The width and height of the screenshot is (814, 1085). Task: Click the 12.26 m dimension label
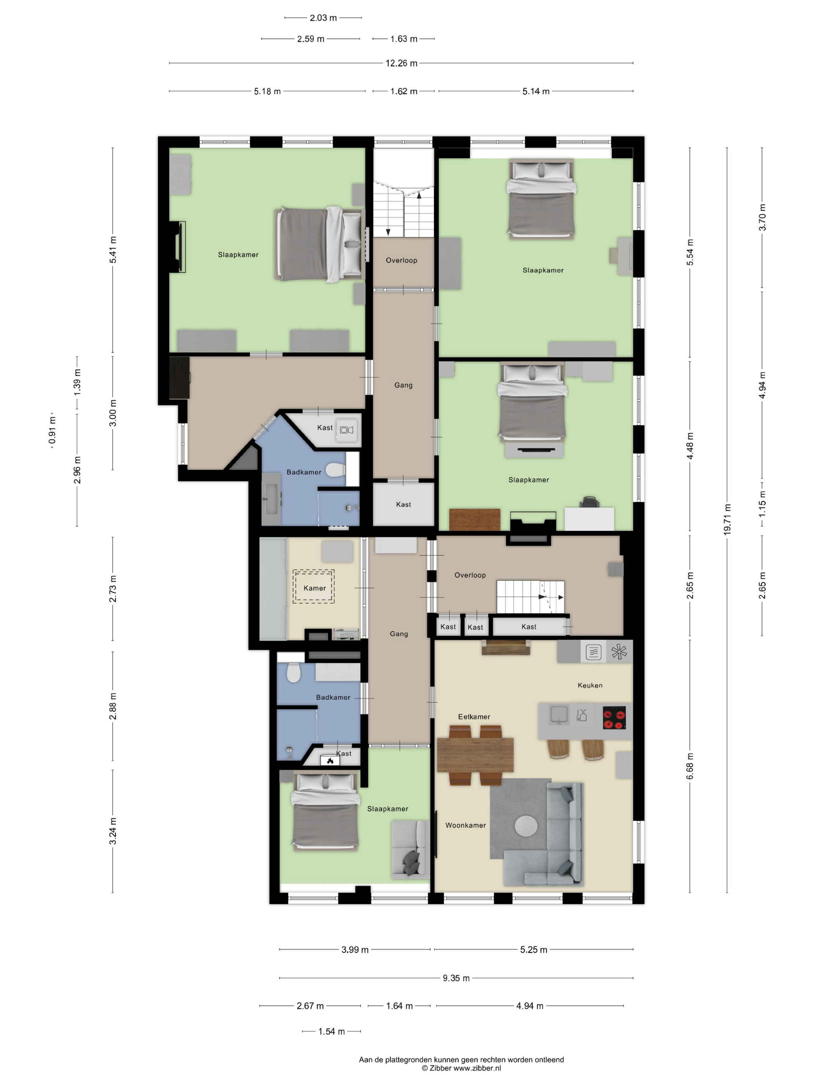(x=401, y=63)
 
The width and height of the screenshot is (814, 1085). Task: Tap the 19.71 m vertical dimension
(x=727, y=519)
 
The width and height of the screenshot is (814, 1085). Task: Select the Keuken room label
(x=590, y=685)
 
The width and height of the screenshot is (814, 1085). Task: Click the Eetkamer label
(x=474, y=716)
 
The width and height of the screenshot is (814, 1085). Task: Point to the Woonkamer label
(x=466, y=825)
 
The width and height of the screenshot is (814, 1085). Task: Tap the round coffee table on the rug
(x=526, y=826)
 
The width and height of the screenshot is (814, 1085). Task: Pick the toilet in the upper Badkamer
(x=335, y=470)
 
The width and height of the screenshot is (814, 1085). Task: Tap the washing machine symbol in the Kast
(x=346, y=430)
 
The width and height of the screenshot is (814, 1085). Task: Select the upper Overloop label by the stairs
(x=401, y=260)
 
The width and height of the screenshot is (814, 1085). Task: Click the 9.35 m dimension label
(x=456, y=978)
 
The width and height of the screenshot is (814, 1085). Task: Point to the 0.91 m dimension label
(x=52, y=430)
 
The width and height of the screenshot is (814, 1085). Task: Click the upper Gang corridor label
(x=404, y=385)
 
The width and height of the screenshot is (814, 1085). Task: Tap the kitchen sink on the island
(x=559, y=714)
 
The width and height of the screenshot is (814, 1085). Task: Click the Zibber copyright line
(x=461, y=1068)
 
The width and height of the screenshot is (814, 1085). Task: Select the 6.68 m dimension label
(x=690, y=766)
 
